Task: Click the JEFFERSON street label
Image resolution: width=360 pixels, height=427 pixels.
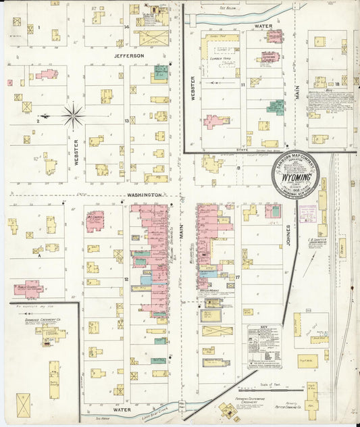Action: (x=128, y=55)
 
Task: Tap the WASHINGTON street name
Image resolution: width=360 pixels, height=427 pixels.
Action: (x=143, y=195)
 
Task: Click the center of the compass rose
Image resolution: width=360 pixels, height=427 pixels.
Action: (x=73, y=116)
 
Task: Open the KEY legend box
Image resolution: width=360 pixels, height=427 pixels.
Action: (x=263, y=346)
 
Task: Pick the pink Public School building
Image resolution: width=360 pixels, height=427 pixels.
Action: (x=29, y=289)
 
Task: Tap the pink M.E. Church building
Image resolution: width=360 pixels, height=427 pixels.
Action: (x=95, y=221)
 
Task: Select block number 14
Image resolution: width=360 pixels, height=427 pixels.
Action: (x=127, y=27)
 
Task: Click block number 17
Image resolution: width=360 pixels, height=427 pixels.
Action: (x=238, y=277)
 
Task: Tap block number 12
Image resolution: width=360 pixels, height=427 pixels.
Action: (x=126, y=278)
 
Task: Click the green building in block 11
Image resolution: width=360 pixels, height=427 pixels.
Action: (x=275, y=107)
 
